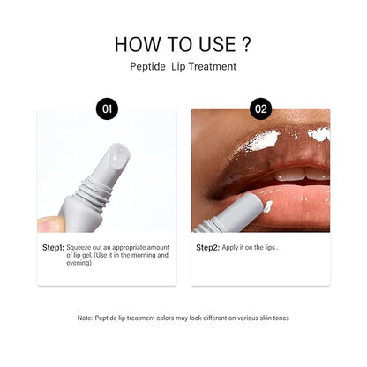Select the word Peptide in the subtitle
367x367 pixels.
pos(145,66)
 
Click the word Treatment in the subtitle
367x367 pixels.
pos(214,66)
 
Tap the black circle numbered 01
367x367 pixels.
pos(107,109)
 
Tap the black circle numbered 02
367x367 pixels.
pos(260,109)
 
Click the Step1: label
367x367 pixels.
pos(52,248)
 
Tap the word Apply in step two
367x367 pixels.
pos(230,248)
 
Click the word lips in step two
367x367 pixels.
pos(268,248)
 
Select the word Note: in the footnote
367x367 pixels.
pos(86,317)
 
